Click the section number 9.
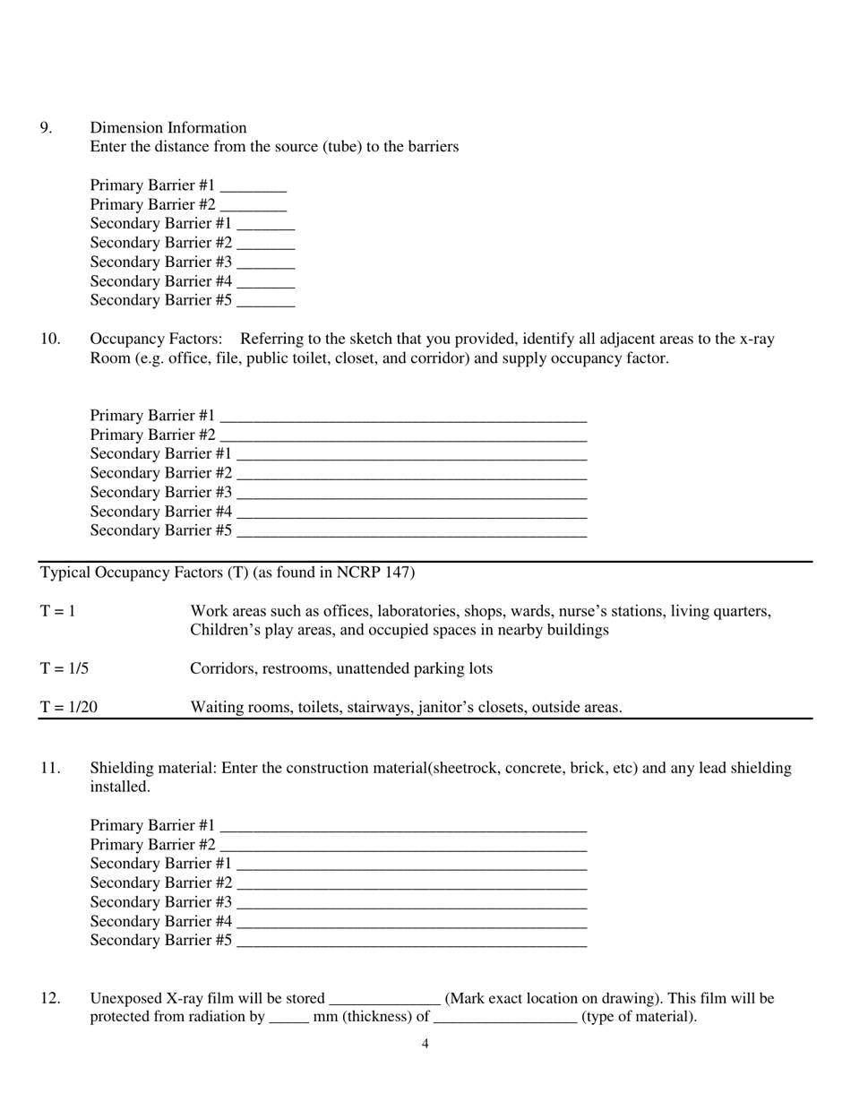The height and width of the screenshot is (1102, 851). (45, 127)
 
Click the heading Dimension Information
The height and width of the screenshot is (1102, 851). (168, 127)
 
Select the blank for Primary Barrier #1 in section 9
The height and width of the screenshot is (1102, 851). (253, 186)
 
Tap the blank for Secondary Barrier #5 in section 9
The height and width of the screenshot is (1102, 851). (265, 301)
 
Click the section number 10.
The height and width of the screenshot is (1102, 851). (49, 339)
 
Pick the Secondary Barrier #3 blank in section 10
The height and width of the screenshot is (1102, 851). (411, 494)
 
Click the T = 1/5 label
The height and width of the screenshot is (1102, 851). (64, 668)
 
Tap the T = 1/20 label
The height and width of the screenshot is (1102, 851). (68, 707)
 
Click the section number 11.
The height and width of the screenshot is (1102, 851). (49, 768)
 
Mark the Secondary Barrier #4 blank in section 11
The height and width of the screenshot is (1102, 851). (411, 922)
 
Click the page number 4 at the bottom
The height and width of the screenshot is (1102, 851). (425, 1043)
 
